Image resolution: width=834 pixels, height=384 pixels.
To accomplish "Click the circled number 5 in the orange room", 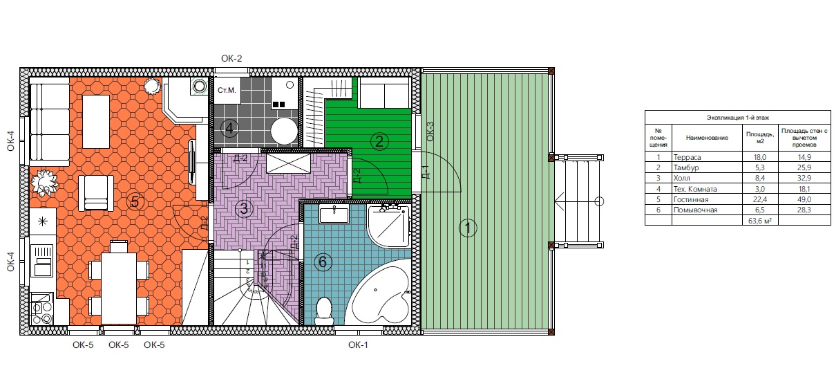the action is pos(135,202).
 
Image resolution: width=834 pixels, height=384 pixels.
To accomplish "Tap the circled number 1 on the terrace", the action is pos(468,228).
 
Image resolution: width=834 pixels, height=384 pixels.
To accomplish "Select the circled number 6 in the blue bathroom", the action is pos(323,262).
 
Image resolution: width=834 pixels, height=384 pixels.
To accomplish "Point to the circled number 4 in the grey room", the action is pos(229,129).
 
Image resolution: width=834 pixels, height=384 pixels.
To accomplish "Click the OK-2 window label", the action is pos(231,59).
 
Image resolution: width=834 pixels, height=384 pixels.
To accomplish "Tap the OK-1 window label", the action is pos(358,345).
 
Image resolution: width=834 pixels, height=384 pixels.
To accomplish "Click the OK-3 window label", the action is pos(430,131).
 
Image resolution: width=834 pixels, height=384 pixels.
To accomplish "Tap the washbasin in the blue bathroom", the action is pos(334,214).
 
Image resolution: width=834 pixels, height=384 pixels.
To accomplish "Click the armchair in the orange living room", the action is pos(96,193).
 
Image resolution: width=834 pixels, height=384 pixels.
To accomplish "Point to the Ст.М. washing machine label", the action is pos(227,90).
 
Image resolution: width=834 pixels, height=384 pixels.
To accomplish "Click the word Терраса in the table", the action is pos(688,157).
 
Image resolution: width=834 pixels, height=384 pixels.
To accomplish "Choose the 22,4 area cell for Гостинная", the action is pos(760,199).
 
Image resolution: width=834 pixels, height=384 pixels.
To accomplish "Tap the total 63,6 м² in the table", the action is pos(760,221).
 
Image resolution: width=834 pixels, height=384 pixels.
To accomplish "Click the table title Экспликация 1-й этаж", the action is pos(738,118).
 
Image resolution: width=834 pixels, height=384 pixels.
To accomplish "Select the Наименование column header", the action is pos(707,138).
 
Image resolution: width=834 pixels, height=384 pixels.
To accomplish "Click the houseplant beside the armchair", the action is pos(44,183).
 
